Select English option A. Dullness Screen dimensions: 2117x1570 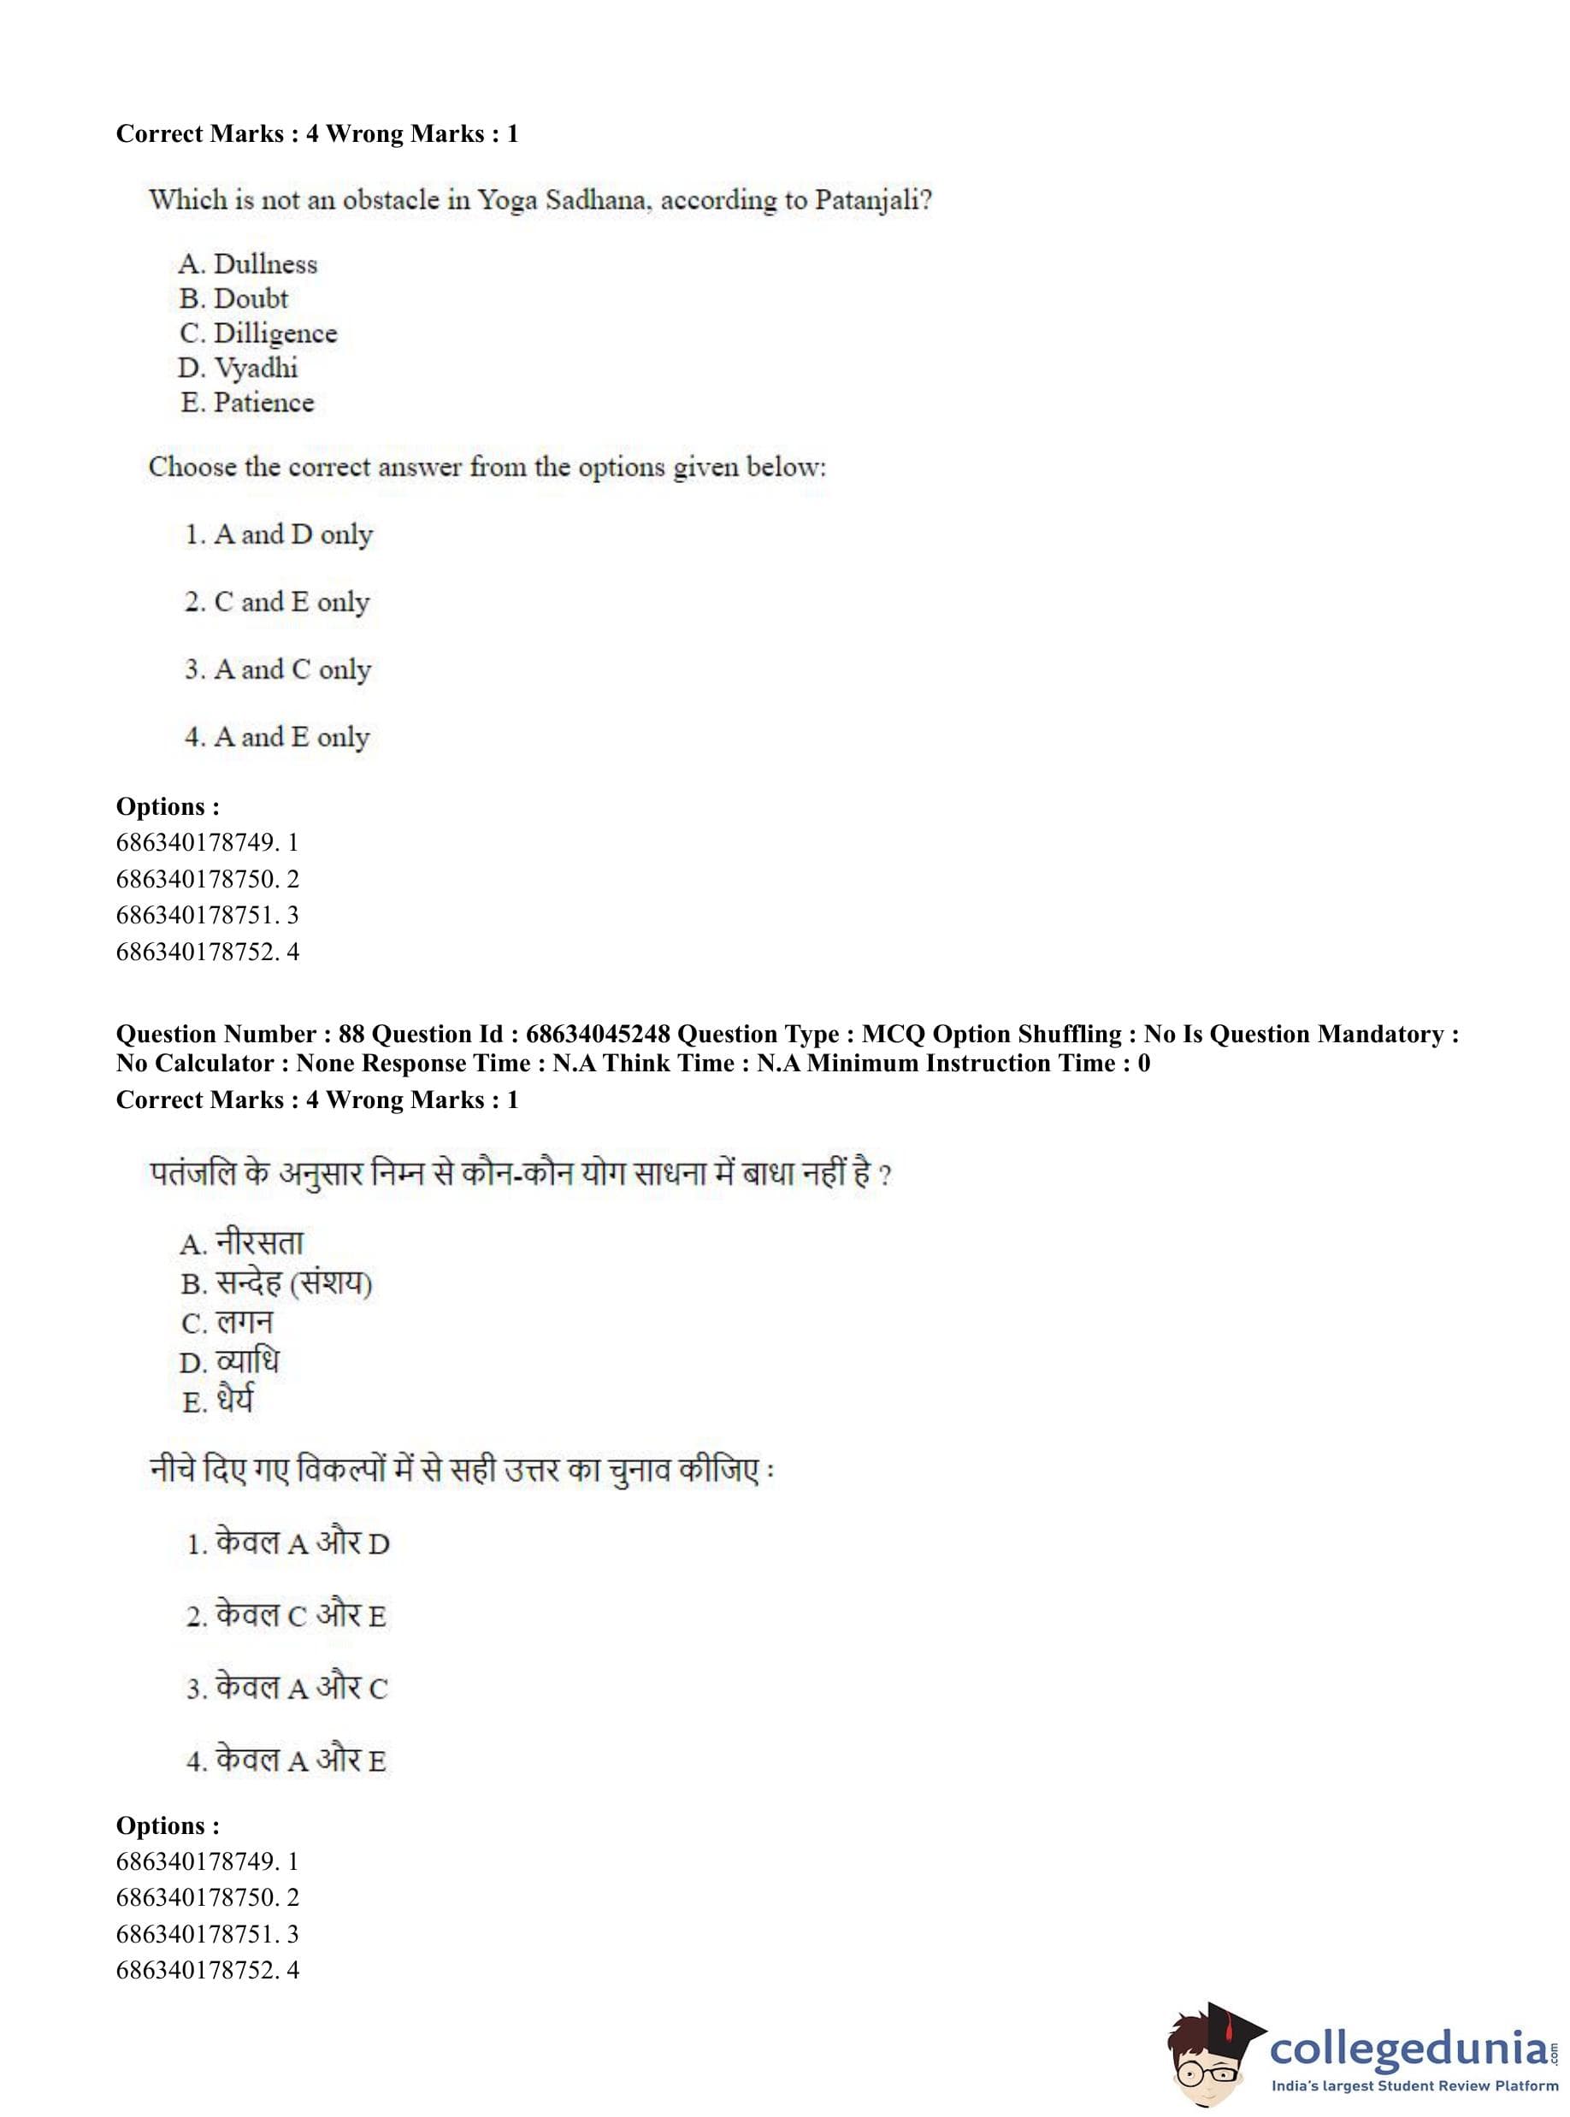coord(247,264)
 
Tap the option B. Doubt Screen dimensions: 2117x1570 coord(233,299)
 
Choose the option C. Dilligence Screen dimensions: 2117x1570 coord(257,333)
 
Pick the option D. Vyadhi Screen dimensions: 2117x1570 coord(238,369)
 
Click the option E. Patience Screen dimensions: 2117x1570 coord(247,403)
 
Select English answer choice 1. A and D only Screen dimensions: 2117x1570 coord(279,535)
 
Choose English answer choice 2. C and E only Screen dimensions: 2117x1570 coord(276,603)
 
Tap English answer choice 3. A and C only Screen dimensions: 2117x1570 coord(278,669)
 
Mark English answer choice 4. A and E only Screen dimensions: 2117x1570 coord(276,737)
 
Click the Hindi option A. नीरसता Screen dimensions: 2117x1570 coord(241,1244)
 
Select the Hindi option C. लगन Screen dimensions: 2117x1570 coord(227,1323)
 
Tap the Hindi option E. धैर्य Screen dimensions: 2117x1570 coord(218,1401)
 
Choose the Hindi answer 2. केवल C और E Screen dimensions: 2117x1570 coord(286,1616)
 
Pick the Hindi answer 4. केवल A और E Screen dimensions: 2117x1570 coord(286,1760)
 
